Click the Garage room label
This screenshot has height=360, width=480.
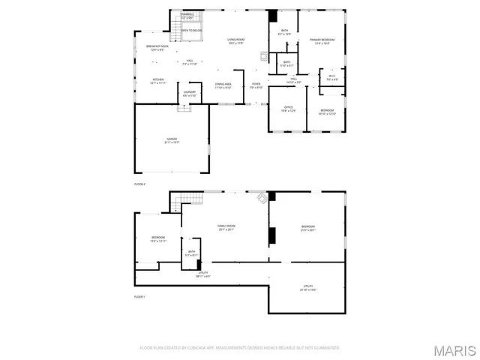pyautogui.click(x=172, y=140)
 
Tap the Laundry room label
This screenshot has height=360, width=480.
pyautogui.click(x=189, y=94)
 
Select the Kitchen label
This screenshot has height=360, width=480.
pyautogui.click(x=158, y=80)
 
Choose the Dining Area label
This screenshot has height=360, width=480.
pyautogui.click(x=223, y=85)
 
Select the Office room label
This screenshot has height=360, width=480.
pyautogui.click(x=288, y=109)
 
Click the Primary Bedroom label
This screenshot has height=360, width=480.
pyautogui.click(x=322, y=41)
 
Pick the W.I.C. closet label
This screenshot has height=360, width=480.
pyautogui.click(x=331, y=77)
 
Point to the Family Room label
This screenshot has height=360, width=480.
pyautogui.click(x=227, y=227)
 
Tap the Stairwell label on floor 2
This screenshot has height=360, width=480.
pyautogui.click(x=187, y=15)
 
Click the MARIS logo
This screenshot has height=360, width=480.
pyautogui.click(x=454, y=350)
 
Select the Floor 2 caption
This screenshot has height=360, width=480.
pyautogui.click(x=139, y=184)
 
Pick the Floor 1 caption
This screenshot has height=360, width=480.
pyautogui.click(x=139, y=297)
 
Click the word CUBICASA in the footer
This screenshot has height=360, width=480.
pyautogui.click(x=193, y=348)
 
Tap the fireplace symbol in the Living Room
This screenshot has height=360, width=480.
pyautogui.click(x=262, y=55)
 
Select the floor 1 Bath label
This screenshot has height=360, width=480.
pyautogui.click(x=192, y=253)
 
